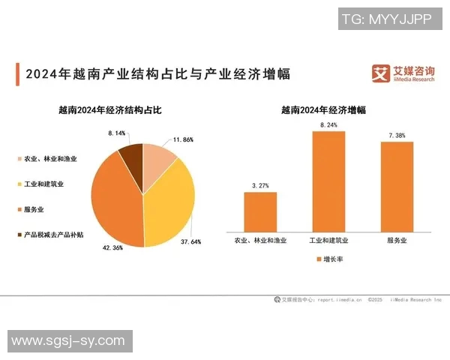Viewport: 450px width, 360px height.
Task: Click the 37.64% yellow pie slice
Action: tap(171, 202)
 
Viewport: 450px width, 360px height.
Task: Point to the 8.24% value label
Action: tap(328, 124)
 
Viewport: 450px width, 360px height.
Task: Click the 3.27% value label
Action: tap(260, 184)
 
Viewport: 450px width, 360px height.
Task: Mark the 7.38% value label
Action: tap(397, 135)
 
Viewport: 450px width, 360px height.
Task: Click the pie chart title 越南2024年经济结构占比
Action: tap(110, 109)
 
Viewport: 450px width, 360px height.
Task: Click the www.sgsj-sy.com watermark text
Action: tap(67, 341)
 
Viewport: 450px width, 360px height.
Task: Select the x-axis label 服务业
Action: tap(397, 241)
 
